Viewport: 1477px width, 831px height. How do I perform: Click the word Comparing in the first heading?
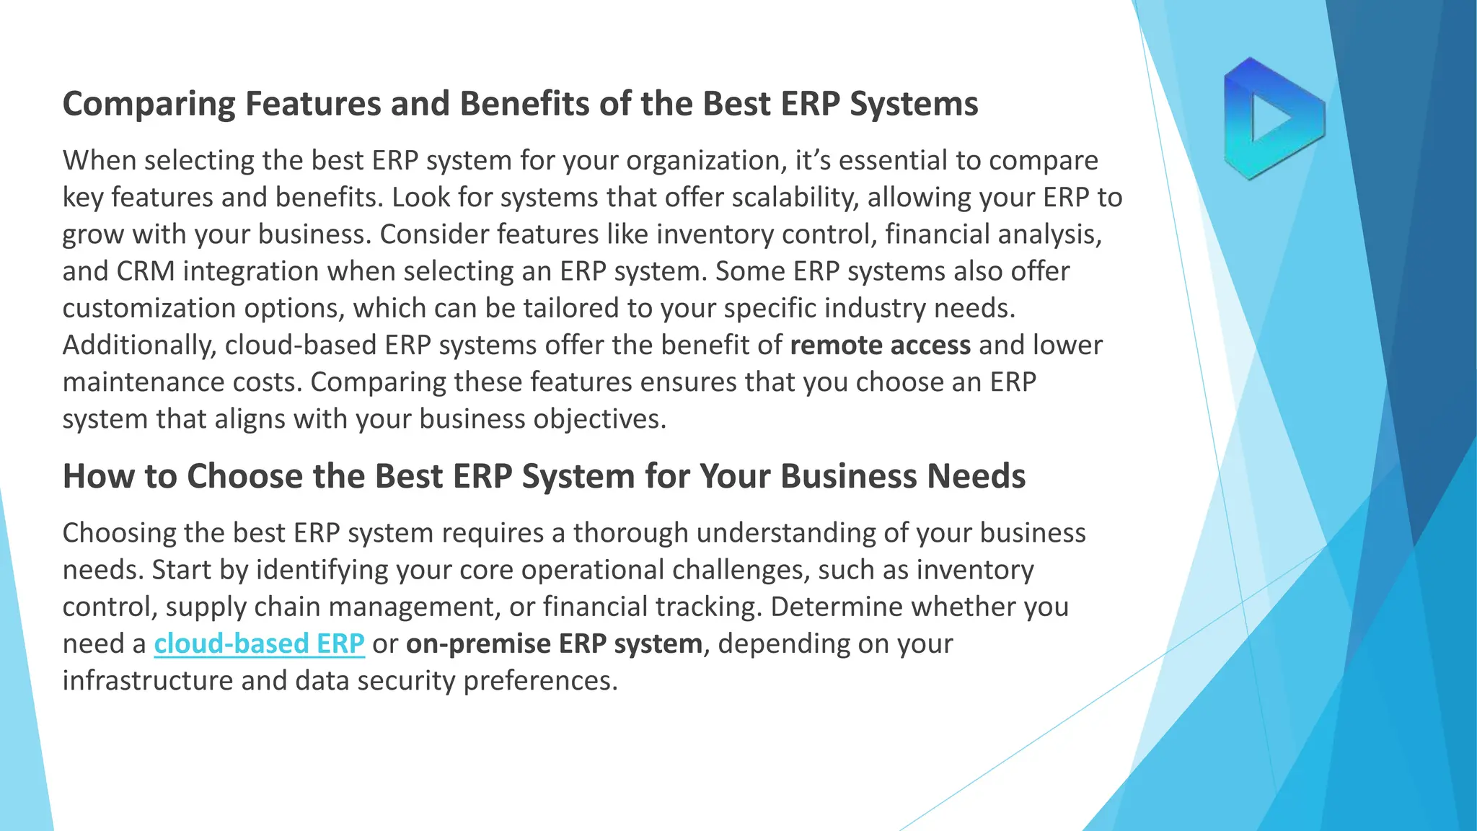point(149,104)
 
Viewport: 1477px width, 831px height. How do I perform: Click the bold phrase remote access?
point(880,346)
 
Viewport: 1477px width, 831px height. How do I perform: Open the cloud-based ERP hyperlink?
point(259,643)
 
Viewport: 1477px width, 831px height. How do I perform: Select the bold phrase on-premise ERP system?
point(554,643)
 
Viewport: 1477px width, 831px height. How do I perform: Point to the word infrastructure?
point(147,680)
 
